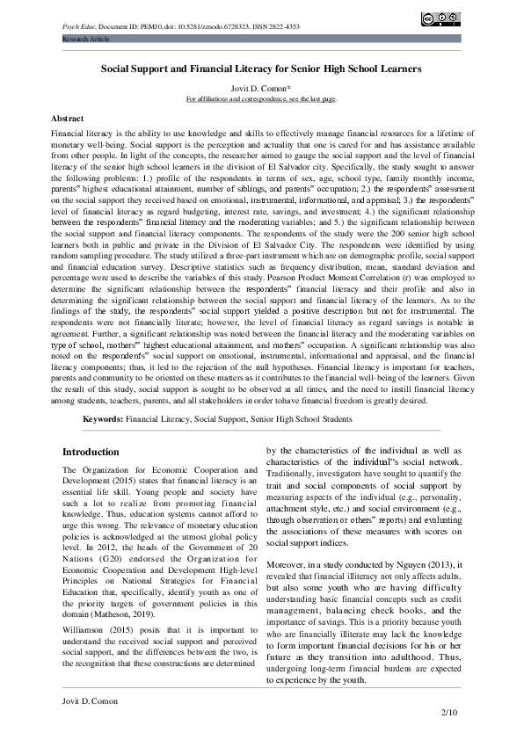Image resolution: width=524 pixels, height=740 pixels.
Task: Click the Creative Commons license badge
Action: coord(440,18)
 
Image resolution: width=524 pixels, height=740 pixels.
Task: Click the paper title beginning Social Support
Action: coord(261,68)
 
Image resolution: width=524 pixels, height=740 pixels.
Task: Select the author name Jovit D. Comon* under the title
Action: coord(261,90)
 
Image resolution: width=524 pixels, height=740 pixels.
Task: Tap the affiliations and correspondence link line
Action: coord(261,100)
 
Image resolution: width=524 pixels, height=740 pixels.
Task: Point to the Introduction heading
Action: coord(91,452)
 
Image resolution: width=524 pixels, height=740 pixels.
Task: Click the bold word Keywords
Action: coord(102,420)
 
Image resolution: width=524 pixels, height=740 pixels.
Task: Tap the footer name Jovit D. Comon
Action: coord(91,700)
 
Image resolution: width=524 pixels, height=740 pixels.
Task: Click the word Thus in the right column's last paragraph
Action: coord(446,655)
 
